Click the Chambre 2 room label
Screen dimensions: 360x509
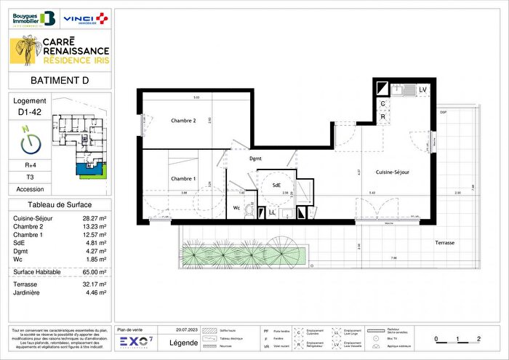[183, 121]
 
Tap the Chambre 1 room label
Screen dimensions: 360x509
[183, 179]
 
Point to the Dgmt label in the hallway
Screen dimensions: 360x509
[255, 158]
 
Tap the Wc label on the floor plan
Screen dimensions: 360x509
[236, 207]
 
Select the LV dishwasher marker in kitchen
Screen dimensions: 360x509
[422, 89]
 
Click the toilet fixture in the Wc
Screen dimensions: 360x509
[250, 210]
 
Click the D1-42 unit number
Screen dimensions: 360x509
[29, 113]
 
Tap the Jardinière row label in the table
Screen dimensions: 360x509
[29, 292]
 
